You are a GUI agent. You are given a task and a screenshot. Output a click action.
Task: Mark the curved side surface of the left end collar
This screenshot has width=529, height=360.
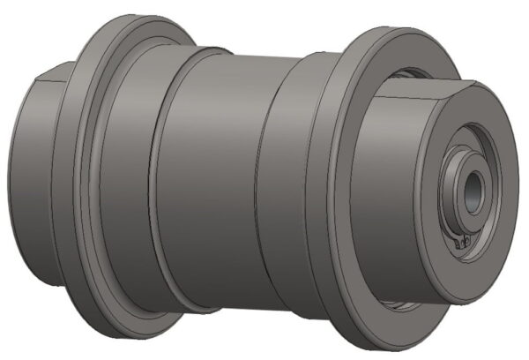tap(26, 176)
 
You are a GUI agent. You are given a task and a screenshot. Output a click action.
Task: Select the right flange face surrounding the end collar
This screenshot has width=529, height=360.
tap(353, 282)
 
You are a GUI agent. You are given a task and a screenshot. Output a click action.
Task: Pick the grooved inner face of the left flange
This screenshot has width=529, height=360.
tap(106, 176)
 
